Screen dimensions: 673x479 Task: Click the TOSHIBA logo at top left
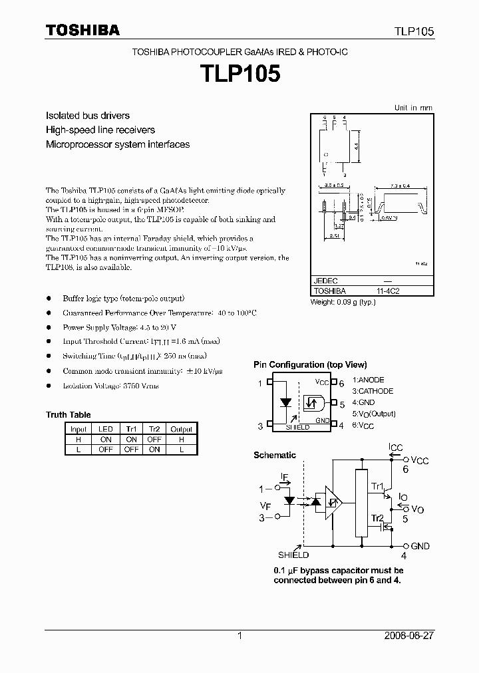pos(82,31)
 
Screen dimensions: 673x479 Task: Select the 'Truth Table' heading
pos(69,415)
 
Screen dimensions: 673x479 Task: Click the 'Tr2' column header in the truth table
pos(154,430)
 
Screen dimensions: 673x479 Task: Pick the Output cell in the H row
pos(181,440)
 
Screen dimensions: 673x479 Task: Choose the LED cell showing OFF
pos(106,450)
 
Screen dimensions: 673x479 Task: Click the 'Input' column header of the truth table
pos(79,430)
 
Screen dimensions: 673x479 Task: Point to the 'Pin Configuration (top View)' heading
pos(310,365)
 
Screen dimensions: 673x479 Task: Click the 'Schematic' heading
pos(275,456)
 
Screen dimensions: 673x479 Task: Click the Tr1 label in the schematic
pos(377,485)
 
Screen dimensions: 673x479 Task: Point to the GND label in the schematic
pos(420,546)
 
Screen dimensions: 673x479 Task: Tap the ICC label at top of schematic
pos(396,448)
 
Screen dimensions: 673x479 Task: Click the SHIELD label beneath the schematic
pos(293,555)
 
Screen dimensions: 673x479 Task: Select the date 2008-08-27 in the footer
pos(409,636)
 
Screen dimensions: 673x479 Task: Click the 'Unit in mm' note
pos(413,108)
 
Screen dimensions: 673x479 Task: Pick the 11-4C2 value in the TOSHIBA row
pos(389,291)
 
